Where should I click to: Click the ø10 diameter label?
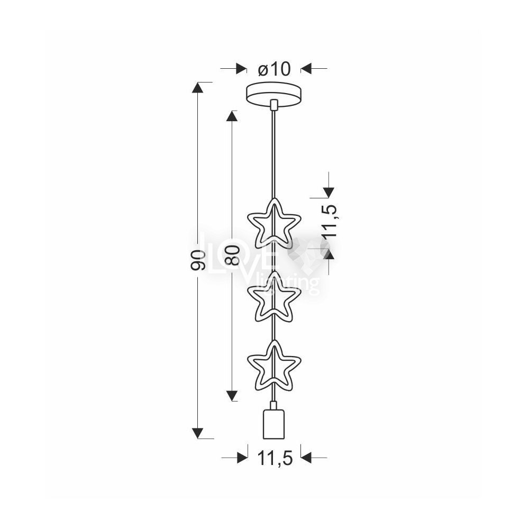[274, 69]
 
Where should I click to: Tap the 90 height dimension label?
[198, 260]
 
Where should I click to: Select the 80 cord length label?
[232, 255]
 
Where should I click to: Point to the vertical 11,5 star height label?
[329, 221]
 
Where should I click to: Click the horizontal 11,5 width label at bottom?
[275, 458]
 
